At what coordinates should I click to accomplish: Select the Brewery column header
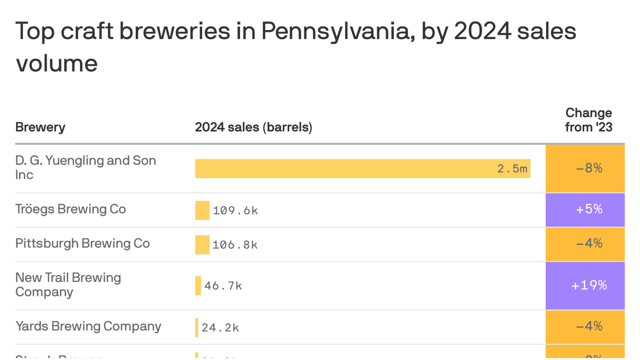coord(40,127)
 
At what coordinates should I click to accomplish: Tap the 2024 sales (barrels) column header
coord(253,127)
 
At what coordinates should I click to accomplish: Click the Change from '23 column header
coord(588,120)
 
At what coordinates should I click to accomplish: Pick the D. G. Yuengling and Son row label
coord(85,167)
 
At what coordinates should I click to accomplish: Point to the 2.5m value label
coord(512,169)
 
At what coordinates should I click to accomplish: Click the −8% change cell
coord(585,168)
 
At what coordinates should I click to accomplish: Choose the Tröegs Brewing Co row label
coord(71,209)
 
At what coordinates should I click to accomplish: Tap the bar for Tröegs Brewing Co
coord(202,210)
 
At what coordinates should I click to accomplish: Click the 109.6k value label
coord(235,210)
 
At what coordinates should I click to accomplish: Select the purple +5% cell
coord(585,210)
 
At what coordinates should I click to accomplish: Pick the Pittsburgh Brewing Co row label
coord(82,243)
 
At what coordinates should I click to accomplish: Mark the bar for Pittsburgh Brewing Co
coord(202,245)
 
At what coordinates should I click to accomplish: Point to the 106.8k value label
coord(235,245)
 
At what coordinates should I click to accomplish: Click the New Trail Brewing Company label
coord(68,285)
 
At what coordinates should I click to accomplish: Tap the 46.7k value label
coord(223,286)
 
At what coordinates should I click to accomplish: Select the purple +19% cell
coord(585,285)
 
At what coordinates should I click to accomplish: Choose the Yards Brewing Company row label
coord(88,326)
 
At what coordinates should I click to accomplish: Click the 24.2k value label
coord(220,328)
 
